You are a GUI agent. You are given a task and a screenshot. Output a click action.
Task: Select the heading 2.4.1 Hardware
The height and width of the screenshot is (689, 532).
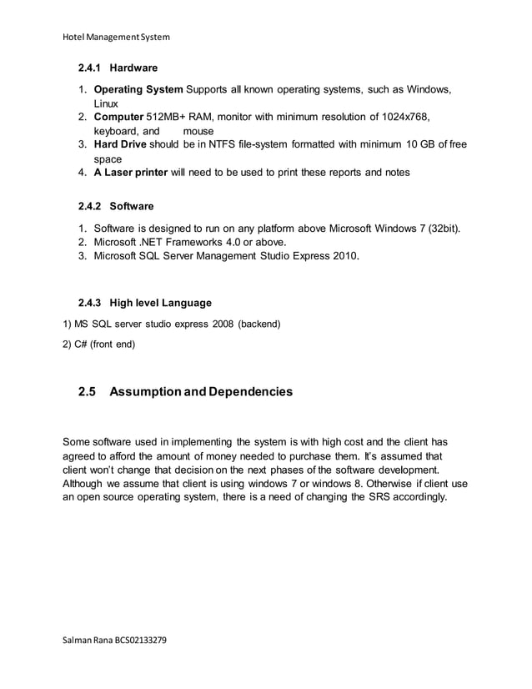118,67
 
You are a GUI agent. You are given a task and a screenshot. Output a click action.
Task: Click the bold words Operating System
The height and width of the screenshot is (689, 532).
139,90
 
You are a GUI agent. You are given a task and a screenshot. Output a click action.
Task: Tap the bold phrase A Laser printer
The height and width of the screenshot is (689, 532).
133,173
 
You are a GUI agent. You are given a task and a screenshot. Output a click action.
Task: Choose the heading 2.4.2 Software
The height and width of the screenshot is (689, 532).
116,205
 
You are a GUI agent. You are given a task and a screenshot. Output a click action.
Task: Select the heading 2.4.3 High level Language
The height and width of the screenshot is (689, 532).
144,302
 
